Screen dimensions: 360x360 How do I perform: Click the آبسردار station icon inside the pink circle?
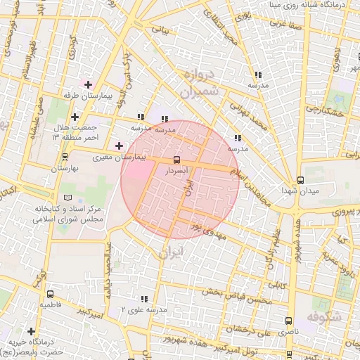point(176,160)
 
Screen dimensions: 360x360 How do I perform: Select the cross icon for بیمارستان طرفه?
point(87,84)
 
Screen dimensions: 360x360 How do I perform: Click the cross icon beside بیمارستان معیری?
point(119,146)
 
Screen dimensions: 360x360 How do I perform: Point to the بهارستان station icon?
point(65,157)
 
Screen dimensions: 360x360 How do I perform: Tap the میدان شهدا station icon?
point(300,180)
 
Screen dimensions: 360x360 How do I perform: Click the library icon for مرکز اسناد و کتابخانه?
point(67,198)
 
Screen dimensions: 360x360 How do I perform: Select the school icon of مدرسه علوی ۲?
point(144,299)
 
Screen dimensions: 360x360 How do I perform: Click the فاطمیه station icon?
point(49,294)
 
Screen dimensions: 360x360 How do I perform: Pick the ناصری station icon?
point(290,320)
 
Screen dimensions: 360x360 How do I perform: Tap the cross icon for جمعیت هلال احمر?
point(75,117)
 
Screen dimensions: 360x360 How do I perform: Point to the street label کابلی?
point(278,286)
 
